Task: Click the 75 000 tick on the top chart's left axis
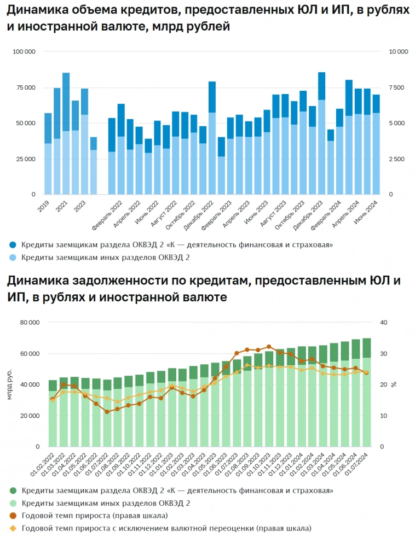click(24, 87)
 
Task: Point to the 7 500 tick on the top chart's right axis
click(397, 87)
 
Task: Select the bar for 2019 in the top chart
click(48, 154)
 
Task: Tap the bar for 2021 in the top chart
click(66, 133)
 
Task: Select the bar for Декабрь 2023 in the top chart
click(321, 133)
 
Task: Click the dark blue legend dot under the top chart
click(13, 244)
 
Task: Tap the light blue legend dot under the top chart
click(13, 257)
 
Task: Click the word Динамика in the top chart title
click(35, 10)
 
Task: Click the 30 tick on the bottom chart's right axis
click(384, 354)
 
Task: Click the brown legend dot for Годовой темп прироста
click(13, 516)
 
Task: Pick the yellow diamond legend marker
click(13, 528)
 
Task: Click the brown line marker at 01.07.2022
click(107, 412)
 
